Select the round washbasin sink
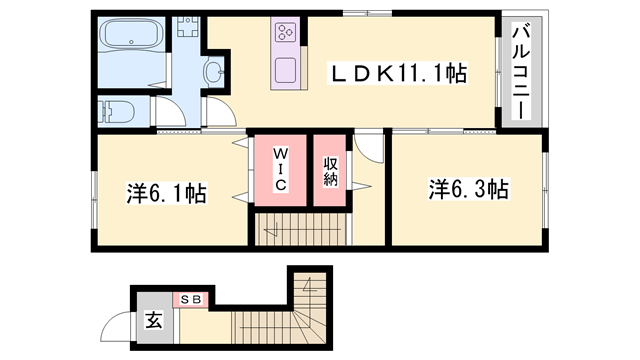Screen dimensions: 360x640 [x=213, y=71]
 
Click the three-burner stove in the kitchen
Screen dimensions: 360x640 [x=285, y=32]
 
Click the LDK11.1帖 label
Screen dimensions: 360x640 [x=399, y=73]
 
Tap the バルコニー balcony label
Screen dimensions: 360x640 [x=521, y=70]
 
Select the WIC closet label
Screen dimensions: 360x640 [x=280, y=170]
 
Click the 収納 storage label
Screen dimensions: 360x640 [x=331, y=171]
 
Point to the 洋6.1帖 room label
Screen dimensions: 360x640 [x=166, y=192]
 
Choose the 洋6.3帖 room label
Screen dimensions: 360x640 [x=469, y=189]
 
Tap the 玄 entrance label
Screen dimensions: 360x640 [x=155, y=321]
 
